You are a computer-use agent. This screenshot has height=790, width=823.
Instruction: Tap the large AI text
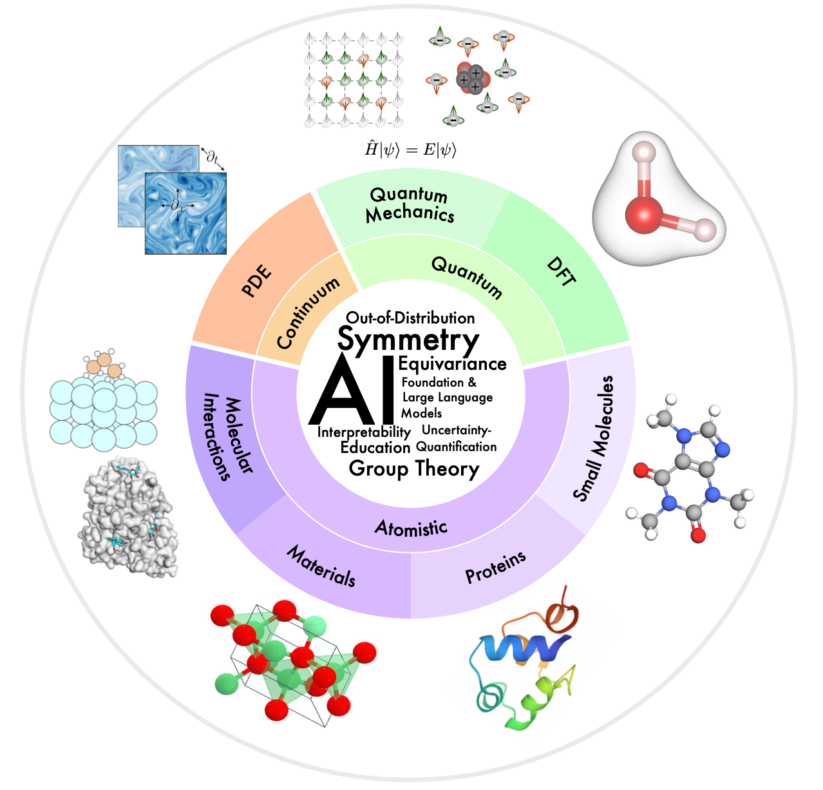click(352, 390)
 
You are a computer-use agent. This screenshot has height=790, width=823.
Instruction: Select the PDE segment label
click(256, 280)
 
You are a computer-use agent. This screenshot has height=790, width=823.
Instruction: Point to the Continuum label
click(308, 313)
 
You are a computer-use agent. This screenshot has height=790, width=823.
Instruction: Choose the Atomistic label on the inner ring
click(411, 528)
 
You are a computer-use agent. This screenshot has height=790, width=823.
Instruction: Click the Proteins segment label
click(496, 568)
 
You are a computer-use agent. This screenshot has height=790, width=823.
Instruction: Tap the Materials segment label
click(321, 566)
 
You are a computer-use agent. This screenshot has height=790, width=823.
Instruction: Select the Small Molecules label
click(593, 438)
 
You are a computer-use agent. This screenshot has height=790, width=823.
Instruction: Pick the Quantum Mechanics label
click(410, 205)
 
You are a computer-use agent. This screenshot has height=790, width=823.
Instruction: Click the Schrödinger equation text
click(410, 149)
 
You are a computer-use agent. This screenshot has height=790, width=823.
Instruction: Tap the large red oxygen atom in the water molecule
click(643, 215)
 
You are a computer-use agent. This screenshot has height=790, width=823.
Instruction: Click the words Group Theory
click(414, 469)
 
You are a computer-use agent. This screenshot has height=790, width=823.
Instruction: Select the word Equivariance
click(453, 364)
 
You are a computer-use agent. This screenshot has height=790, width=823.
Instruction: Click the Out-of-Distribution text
click(410, 318)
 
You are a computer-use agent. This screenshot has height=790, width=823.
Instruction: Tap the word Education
click(375, 448)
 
